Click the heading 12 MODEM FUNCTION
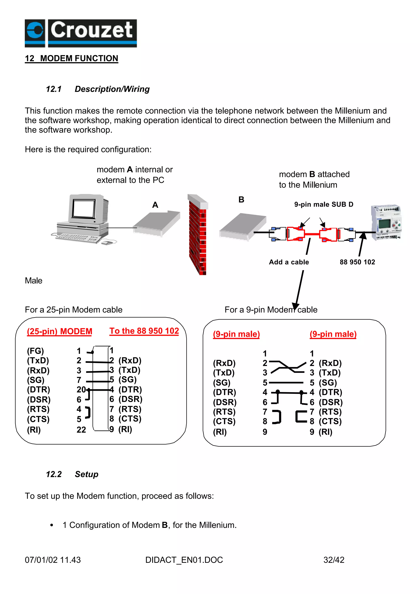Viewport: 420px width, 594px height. pos(71,58)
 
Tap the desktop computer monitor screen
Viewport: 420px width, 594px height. pos(83,208)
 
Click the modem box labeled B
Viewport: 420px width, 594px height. pos(243,226)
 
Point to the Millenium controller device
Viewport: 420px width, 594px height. pos(386,222)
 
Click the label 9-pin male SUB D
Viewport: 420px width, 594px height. pos(324,204)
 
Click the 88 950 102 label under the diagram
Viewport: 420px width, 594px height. pos(357,262)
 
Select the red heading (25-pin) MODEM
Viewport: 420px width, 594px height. pos(59,331)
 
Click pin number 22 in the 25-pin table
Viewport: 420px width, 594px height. pos(81,430)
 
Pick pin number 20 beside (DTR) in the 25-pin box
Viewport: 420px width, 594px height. pos(81,390)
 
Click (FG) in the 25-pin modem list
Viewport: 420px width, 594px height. pos(35,351)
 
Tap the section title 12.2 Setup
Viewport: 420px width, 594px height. pos(72,474)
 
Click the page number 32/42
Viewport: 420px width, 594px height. pos(334,560)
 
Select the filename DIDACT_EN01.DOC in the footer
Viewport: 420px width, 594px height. pos(184,560)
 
